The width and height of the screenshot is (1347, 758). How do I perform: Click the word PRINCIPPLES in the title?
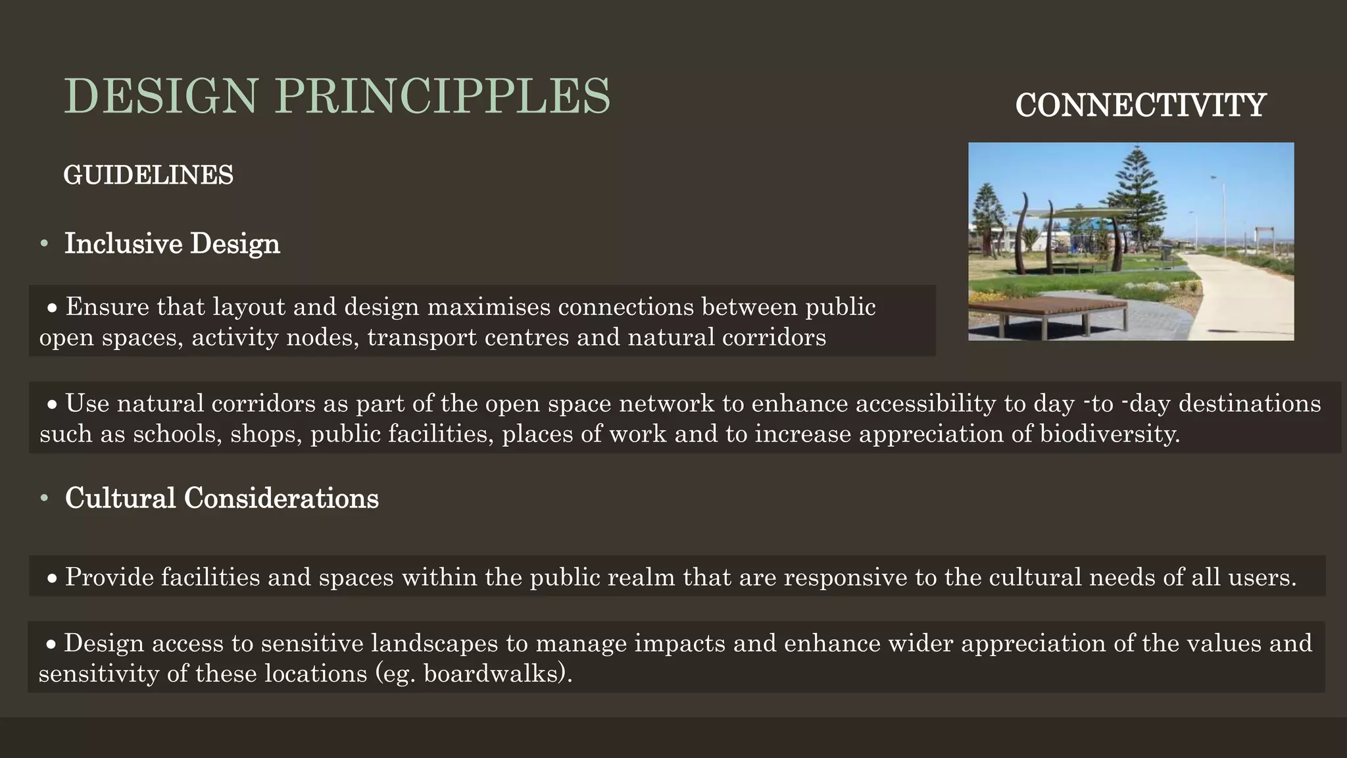[443, 97]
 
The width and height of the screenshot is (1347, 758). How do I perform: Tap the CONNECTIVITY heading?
[1140, 105]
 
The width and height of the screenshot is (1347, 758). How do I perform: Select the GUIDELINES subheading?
[148, 175]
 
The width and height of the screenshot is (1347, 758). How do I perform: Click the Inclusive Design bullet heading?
[172, 243]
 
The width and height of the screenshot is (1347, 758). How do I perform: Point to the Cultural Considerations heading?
[222, 498]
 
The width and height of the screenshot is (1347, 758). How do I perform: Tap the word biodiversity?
[1109, 434]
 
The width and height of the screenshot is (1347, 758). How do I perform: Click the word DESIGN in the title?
[160, 97]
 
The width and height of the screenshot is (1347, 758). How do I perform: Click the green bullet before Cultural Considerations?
[44, 499]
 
